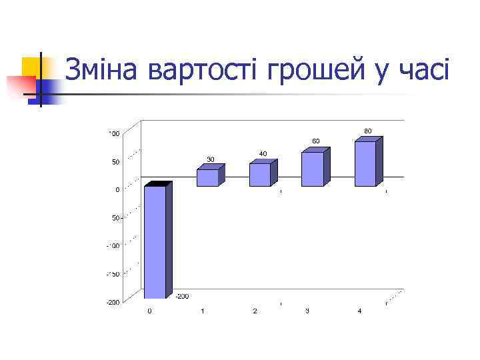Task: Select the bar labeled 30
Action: click(207, 177)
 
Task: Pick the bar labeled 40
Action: click(260, 174)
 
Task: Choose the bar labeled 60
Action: click(313, 169)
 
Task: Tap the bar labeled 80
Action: click(365, 163)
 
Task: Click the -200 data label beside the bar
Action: click(181, 296)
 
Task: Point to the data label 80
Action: click(368, 130)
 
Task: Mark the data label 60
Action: click(315, 141)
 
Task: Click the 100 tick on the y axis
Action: click(114, 134)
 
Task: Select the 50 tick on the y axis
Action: click(115, 162)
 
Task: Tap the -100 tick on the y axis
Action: click(113, 246)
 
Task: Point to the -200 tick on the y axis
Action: click(113, 302)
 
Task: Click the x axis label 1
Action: click(202, 311)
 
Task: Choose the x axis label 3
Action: click(307, 311)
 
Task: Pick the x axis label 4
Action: click(359, 311)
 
